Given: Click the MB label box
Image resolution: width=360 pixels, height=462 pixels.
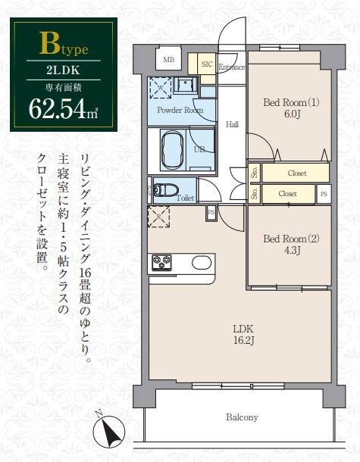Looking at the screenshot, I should point(168,59).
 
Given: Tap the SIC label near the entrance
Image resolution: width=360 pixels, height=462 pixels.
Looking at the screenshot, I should point(205,65).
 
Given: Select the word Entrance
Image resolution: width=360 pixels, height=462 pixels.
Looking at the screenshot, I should point(232,67).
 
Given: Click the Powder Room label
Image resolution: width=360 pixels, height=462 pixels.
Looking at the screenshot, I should point(180,110).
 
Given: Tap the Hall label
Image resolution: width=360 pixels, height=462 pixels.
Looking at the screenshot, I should point(233,124).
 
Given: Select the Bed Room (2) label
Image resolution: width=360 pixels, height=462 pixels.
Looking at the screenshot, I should point(291,239).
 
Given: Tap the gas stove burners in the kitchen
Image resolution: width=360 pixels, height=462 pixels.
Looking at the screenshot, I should point(162,263).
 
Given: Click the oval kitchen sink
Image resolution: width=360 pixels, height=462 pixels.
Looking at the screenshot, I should point(201,263).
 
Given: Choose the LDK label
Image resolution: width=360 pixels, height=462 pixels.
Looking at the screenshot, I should point(243,328).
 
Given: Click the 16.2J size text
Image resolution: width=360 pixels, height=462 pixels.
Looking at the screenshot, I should point(243,341).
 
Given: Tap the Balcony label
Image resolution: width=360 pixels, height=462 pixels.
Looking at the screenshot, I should point(242,417).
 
